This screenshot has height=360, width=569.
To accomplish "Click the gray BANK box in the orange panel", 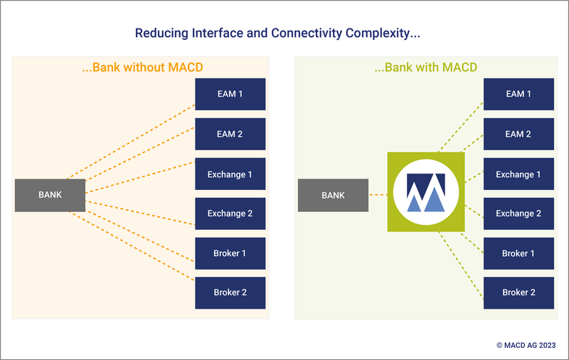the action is pyautogui.click(x=50, y=195).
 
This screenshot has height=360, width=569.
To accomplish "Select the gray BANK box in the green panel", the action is pyautogui.click(x=333, y=195).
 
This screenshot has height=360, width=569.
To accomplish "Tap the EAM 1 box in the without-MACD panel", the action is pyautogui.click(x=230, y=94).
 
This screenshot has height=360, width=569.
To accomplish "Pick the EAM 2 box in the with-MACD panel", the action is pyautogui.click(x=519, y=134).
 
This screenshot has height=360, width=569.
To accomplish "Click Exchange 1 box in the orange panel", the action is pyautogui.click(x=230, y=174).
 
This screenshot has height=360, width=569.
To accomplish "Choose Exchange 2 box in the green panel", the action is pyautogui.click(x=519, y=213).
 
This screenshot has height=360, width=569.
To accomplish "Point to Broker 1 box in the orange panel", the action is pyautogui.click(x=230, y=253).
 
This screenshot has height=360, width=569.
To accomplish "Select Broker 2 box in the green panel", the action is pyautogui.click(x=519, y=293).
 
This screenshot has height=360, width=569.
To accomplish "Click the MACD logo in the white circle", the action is pyautogui.click(x=426, y=192).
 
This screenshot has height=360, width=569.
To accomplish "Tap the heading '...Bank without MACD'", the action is pyautogui.click(x=142, y=68).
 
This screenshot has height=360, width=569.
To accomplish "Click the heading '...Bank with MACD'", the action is pyautogui.click(x=425, y=68).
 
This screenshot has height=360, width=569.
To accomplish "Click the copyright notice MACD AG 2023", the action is pyautogui.click(x=526, y=345).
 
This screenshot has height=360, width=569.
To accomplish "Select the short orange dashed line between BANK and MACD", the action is pyautogui.click(x=378, y=195).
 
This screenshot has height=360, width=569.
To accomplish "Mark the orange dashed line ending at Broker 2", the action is pyautogui.click(x=132, y=246).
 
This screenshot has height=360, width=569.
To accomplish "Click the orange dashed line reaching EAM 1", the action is pyautogui.click(x=131, y=142).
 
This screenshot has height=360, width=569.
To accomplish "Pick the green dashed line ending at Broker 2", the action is pyautogui.click(x=461, y=265).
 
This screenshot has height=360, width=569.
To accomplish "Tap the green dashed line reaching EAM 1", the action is pyautogui.click(x=461, y=127).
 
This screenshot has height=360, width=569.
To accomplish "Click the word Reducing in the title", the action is pyautogui.click(x=161, y=33).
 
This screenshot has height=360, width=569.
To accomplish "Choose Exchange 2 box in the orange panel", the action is pyautogui.click(x=230, y=213).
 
